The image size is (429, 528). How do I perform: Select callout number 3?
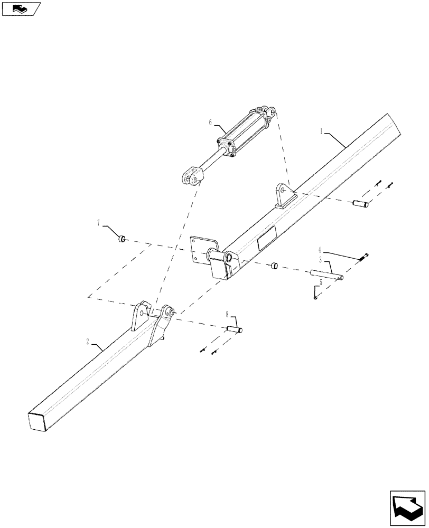pyautogui.click(x=321, y=260)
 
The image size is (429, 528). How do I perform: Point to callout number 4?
pyautogui.click(x=320, y=249)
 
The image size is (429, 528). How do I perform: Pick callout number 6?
pyautogui.click(x=211, y=122)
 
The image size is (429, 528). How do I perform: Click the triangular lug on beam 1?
pyautogui.click(x=284, y=195)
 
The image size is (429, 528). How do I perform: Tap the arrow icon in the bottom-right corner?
pyautogui.click(x=407, y=507)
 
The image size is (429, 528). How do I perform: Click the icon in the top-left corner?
pyautogui.click(x=21, y=8)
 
